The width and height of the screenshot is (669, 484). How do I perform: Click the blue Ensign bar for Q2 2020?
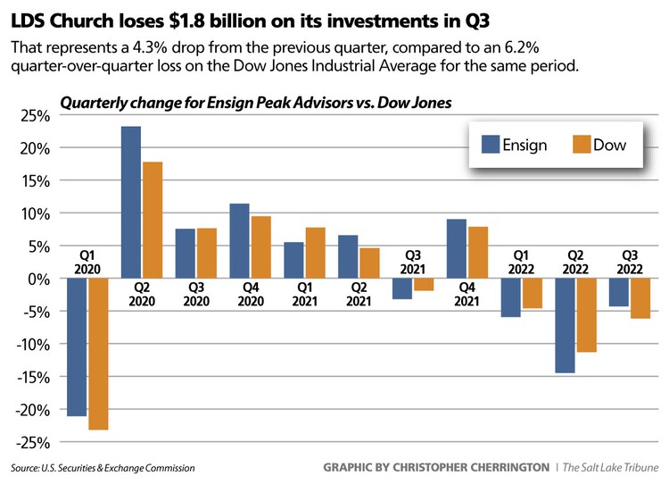click(130, 202)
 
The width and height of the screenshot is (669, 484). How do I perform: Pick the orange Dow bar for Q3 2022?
click(640, 298)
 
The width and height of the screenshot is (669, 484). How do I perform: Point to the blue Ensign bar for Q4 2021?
click(456, 248)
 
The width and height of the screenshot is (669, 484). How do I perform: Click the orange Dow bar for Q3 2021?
click(423, 285)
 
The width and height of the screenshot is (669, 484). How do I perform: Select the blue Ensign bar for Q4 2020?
click(239, 241)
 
